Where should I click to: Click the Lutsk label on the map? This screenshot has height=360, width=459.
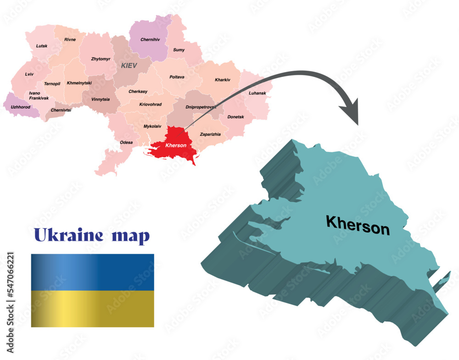42,46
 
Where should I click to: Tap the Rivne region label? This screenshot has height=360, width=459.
70,39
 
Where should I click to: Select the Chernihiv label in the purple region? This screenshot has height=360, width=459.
150,40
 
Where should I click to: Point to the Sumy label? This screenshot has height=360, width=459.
179,50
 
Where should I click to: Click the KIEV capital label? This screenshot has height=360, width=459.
129,66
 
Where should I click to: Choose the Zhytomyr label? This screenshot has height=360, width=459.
101,59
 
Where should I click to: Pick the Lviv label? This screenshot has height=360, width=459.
29,74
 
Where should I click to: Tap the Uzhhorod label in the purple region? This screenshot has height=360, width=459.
20,107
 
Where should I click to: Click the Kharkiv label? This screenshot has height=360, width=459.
223,80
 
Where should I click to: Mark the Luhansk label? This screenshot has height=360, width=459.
257,93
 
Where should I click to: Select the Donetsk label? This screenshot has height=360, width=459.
236,117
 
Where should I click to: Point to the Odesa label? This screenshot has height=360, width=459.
126,143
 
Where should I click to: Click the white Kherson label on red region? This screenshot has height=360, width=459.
176,145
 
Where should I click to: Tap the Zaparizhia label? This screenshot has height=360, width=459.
210,134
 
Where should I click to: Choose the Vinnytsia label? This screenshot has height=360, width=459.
101,99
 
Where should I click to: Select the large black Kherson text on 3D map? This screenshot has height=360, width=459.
358,225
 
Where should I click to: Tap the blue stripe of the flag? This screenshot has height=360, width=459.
92,271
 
